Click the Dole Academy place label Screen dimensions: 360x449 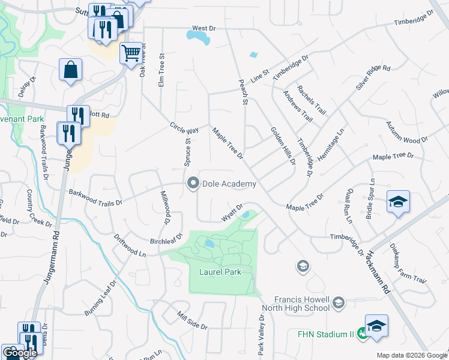229,184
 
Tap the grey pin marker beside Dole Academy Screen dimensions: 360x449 193,184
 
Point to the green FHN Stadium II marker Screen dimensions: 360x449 362,334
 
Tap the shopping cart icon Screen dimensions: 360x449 131,53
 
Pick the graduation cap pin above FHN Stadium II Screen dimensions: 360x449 376,326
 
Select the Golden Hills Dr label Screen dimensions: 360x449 283,145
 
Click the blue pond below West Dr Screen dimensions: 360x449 199,38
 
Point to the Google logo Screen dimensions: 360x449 19,353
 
